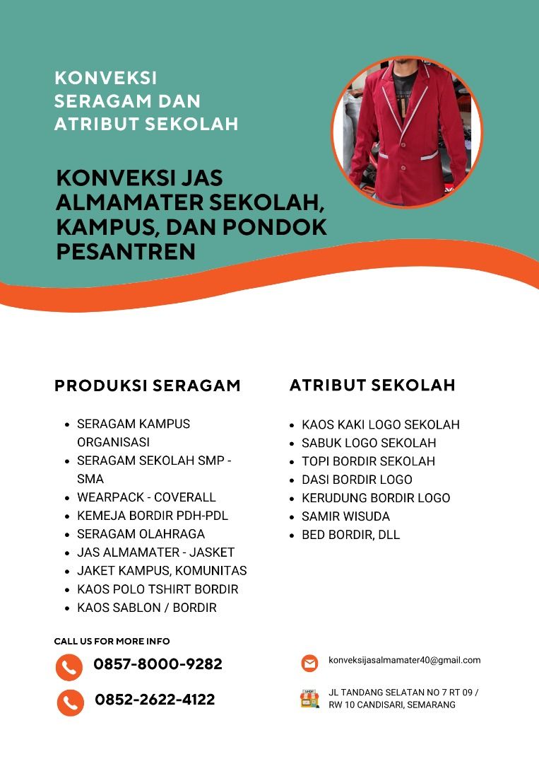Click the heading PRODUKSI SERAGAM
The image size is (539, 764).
[147, 386]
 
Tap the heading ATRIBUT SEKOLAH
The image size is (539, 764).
[372, 386]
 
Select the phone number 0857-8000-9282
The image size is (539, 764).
[158, 664]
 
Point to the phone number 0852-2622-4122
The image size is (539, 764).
[155, 700]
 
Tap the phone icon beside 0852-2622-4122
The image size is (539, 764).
[70, 702]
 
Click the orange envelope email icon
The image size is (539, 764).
[309, 663]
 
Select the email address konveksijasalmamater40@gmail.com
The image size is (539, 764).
[404, 660]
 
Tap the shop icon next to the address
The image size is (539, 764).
[309, 699]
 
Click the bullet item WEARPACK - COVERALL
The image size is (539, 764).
[146, 497]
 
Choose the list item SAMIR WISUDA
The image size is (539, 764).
[345, 516]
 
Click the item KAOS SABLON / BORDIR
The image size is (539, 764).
[146, 608]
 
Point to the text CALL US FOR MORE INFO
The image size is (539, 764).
[112, 642]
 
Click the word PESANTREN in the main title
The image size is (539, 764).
[125, 251]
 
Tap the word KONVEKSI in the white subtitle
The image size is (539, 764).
[105, 78]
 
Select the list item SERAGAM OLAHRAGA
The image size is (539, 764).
[141, 534]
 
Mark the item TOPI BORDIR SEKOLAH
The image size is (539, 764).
[368, 461]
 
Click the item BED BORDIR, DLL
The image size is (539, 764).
[350, 535]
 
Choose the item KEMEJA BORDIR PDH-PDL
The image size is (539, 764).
[153, 516]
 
